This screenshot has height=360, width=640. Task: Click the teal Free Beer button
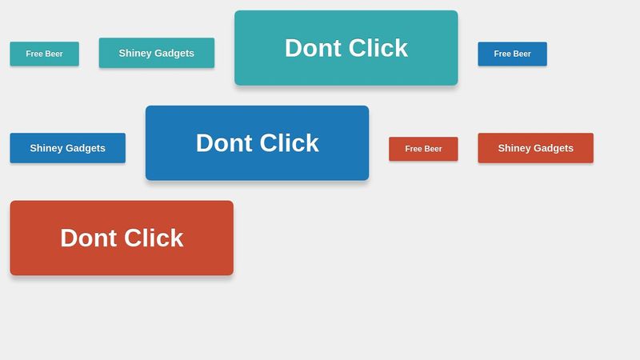[44, 54]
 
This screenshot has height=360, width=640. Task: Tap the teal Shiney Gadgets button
[156, 53]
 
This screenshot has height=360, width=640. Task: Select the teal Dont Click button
[346, 48]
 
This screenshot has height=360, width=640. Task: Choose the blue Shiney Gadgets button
[67, 148]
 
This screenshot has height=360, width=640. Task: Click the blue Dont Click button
[257, 143]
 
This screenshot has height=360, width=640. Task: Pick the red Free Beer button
[423, 149]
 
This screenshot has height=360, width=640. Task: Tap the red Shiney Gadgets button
[535, 148]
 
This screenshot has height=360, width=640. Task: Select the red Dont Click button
[122, 238]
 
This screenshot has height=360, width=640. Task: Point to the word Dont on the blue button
[225, 143]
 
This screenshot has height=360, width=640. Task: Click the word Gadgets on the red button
[554, 148]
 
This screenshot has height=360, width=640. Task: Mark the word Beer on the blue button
[522, 54]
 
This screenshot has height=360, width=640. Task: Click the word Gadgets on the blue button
[86, 148]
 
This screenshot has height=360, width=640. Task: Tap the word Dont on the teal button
[314, 48]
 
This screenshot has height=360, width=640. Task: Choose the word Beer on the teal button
[54, 54]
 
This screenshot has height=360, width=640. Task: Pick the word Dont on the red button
[90, 238]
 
